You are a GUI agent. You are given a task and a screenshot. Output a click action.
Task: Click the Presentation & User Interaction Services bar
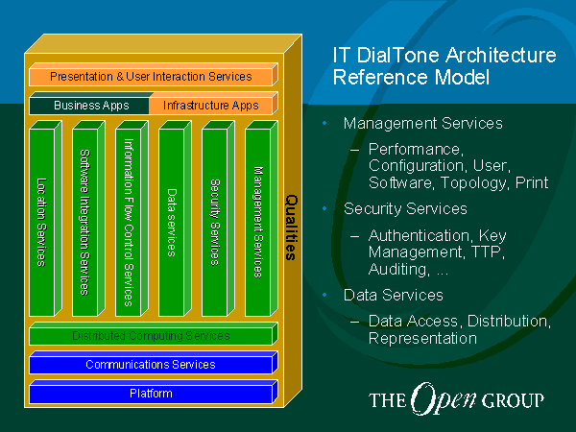pyautogui.click(x=154, y=75)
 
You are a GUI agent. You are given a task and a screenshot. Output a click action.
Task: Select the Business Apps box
pyautogui.click(x=89, y=105)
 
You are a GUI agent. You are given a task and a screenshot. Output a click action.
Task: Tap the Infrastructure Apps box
pyautogui.click(x=213, y=105)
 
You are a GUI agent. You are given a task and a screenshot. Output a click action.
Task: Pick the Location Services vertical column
pyautogui.click(x=45, y=219)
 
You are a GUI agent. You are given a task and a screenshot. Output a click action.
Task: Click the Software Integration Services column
pyautogui.click(x=88, y=219)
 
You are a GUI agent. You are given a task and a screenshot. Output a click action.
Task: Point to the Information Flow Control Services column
pyautogui.click(x=132, y=219)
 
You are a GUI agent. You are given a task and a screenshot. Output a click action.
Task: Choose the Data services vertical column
pyautogui.click(x=175, y=219)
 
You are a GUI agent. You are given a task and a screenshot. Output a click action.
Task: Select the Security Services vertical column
pyautogui.click(x=218, y=219)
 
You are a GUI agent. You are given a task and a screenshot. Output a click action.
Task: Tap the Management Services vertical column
pyautogui.click(x=261, y=219)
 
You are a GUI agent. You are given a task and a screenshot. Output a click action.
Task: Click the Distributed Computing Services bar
pyautogui.click(x=154, y=333)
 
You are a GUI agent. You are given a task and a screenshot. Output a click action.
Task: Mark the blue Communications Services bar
pyautogui.click(x=154, y=363)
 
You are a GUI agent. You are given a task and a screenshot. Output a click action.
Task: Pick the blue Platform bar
pyautogui.click(x=154, y=392)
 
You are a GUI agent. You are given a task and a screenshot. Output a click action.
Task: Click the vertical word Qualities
pyautogui.click(x=291, y=228)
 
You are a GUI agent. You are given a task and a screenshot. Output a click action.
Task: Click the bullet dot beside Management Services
pyautogui.click(x=324, y=124)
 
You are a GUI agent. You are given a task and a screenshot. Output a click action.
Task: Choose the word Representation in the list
pyautogui.click(x=422, y=339)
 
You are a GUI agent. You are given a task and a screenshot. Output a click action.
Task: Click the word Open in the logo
pyautogui.click(x=444, y=398)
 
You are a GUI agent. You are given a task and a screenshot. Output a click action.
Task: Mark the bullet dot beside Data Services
pyautogui.click(x=324, y=295)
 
